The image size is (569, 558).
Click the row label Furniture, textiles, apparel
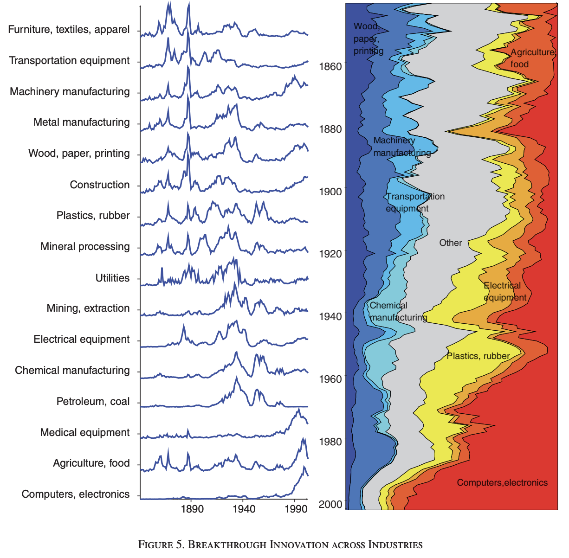(x=69, y=30)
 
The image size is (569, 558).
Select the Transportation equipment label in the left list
(x=70, y=61)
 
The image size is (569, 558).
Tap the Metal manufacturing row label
(x=82, y=122)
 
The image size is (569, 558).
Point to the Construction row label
(x=100, y=185)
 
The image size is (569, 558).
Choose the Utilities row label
(x=112, y=278)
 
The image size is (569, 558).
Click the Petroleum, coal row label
(x=93, y=402)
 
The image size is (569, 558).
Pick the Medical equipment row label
(x=85, y=433)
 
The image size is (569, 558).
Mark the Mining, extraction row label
(x=88, y=308)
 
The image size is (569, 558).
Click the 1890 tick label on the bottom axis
(x=192, y=509)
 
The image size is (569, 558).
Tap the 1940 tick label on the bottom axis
(x=244, y=509)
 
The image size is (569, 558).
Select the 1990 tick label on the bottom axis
(x=296, y=509)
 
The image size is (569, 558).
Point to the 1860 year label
(x=330, y=67)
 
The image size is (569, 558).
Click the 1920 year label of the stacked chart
(x=330, y=254)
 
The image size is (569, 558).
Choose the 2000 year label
(x=330, y=505)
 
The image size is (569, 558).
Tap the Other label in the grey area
(x=451, y=243)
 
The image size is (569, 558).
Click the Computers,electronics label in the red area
(x=502, y=483)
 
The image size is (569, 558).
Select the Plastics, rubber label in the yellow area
(x=478, y=356)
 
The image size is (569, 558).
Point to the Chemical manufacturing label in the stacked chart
(x=398, y=311)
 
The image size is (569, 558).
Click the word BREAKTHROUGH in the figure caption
(x=227, y=545)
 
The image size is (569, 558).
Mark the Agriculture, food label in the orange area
(x=532, y=58)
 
